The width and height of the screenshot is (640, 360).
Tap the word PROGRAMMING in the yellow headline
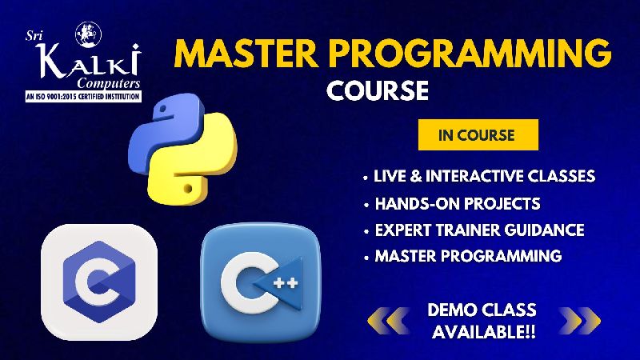coord(470,54)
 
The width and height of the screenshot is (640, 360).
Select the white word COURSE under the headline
coord(378,90)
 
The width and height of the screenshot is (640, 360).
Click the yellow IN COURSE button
coord(478,134)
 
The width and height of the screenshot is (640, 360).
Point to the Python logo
coord(182,149)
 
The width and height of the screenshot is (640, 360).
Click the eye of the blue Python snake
coord(163,109)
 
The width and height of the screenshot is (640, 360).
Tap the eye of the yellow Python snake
coord(188,189)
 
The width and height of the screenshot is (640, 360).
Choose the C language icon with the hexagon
coord(99,282)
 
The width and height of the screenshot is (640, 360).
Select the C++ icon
coord(261,282)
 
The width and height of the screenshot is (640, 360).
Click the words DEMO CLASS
coord(482,310)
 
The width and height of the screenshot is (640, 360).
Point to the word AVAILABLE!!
coord(484,331)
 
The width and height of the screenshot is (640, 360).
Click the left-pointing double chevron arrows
coord(389,321)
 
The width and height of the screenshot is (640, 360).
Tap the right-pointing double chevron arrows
coord(580,321)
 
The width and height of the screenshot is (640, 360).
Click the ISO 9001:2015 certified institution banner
coord(83,97)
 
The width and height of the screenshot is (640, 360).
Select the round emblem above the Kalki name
coord(88,34)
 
